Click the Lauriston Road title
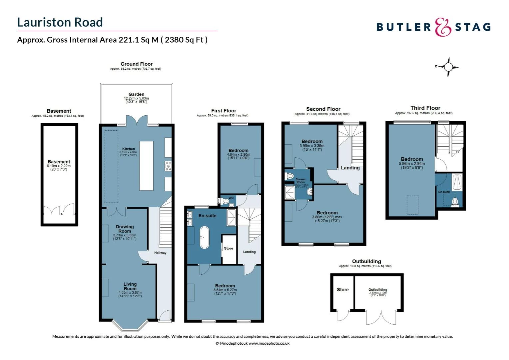(x=60, y=22)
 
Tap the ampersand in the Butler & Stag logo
(x=443, y=27)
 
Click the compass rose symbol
(x=448, y=67)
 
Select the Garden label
(x=136, y=94)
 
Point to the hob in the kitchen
(x=168, y=166)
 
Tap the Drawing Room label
(x=125, y=229)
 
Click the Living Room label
(x=130, y=286)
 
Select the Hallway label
(x=160, y=253)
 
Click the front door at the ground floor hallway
(x=165, y=316)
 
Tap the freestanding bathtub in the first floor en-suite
(x=204, y=237)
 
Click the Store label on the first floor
(x=229, y=248)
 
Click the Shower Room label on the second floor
(x=300, y=181)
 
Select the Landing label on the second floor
(x=350, y=168)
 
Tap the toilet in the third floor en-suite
(x=455, y=202)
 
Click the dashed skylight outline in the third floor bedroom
(x=412, y=205)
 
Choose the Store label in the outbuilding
(x=342, y=290)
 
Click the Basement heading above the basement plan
(x=59, y=111)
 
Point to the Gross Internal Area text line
(x=112, y=40)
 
